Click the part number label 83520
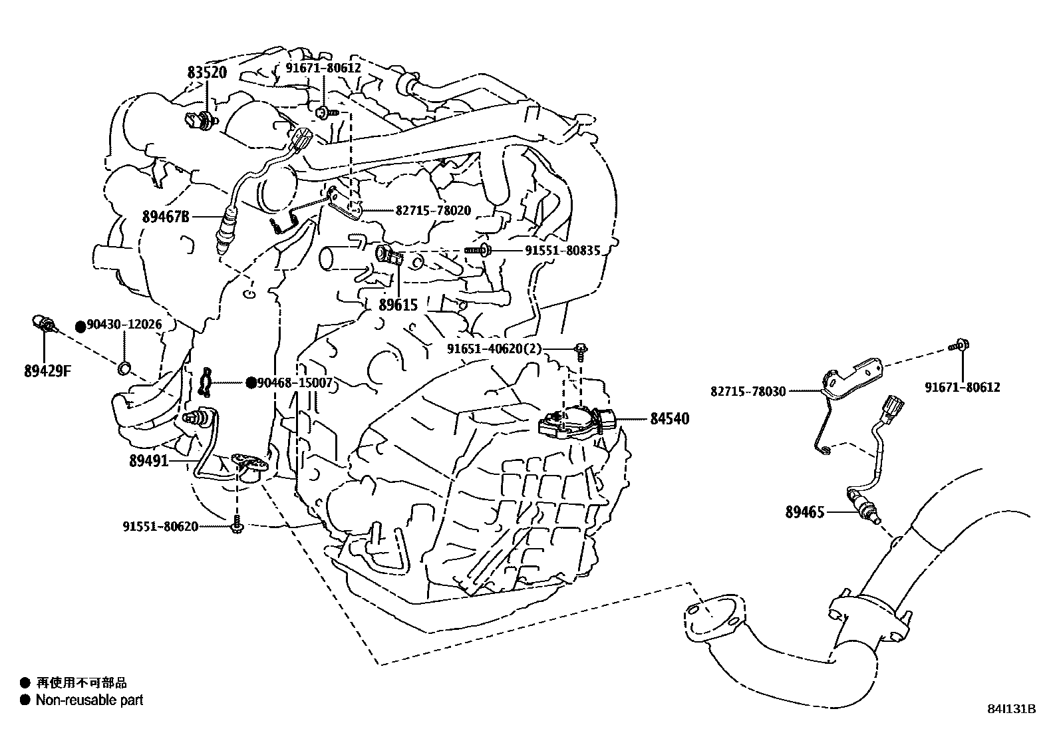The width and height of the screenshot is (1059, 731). pyautogui.click(x=207, y=73)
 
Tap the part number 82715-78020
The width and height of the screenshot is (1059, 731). pyautogui.click(x=433, y=211)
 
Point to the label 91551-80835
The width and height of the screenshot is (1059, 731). pyautogui.click(x=562, y=251)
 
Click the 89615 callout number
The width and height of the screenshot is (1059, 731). pyautogui.click(x=398, y=305)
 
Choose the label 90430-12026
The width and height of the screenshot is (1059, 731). pyautogui.click(x=124, y=325)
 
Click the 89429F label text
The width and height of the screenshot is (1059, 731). pyautogui.click(x=47, y=372)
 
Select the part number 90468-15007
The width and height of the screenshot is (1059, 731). pyautogui.click(x=295, y=382)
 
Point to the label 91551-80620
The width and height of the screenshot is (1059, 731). pyautogui.click(x=160, y=527)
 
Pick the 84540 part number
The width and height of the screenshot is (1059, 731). pyautogui.click(x=669, y=419)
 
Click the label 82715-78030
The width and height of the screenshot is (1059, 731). pyautogui.click(x=748, y=392)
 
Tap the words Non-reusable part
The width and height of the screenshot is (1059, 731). pyautogui.click(x=89, y=700)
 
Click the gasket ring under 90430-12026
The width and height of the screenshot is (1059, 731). pyautogui.click(x=124, y=367)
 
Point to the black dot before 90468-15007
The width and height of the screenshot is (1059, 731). pyautogui.click(x=251, y=382)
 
